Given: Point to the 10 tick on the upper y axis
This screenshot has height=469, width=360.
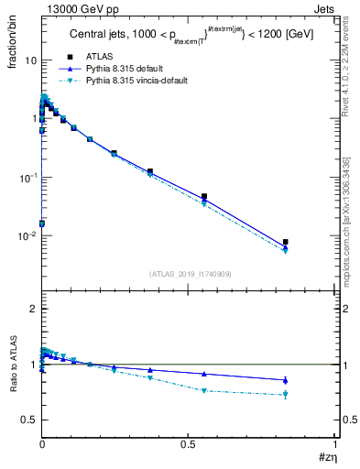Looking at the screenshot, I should point(30,60).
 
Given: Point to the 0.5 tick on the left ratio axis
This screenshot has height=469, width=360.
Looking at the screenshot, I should point(29,420).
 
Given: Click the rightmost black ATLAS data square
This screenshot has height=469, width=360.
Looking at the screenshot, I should point(286,242).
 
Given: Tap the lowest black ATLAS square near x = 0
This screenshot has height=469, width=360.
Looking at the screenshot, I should point(42,224).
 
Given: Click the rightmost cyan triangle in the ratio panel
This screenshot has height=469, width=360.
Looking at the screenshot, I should point(286,395).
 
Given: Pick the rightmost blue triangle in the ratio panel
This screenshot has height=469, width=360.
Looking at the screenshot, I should point(286,380).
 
